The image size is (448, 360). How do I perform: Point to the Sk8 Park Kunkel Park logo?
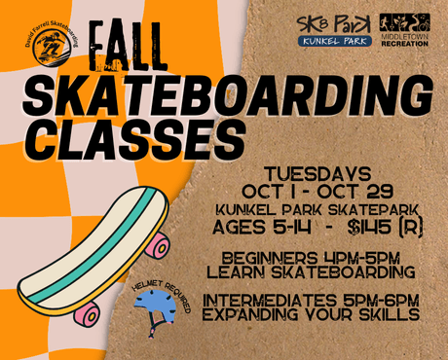(334, 30)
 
